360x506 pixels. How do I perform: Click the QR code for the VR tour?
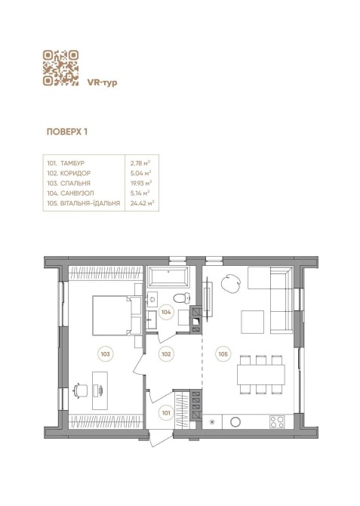(60, 68)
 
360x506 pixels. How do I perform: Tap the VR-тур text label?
(102, 82)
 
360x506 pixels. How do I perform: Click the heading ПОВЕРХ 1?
(67, 131)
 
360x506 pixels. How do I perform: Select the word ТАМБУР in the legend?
(72, 163)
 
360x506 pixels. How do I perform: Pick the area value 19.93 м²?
(141, 184)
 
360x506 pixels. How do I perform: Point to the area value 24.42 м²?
(142, 203)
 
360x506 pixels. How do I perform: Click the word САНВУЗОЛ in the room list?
(77, 193)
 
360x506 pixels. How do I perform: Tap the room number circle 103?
(106, 354)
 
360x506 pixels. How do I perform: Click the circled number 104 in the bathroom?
(166, 312)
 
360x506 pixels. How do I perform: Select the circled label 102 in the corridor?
(166, 354)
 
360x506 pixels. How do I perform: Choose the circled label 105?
(223, 354)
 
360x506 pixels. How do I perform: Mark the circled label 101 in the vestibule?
(166, 413)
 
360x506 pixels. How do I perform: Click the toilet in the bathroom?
(182, 298)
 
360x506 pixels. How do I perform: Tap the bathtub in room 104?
(168, 277)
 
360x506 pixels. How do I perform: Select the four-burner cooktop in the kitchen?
(278, 421)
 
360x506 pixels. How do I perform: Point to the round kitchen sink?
(235, 421)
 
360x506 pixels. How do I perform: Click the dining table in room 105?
(261, 375)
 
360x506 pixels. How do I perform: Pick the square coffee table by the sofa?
(253, 322)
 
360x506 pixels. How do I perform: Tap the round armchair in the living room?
(231, 284)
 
